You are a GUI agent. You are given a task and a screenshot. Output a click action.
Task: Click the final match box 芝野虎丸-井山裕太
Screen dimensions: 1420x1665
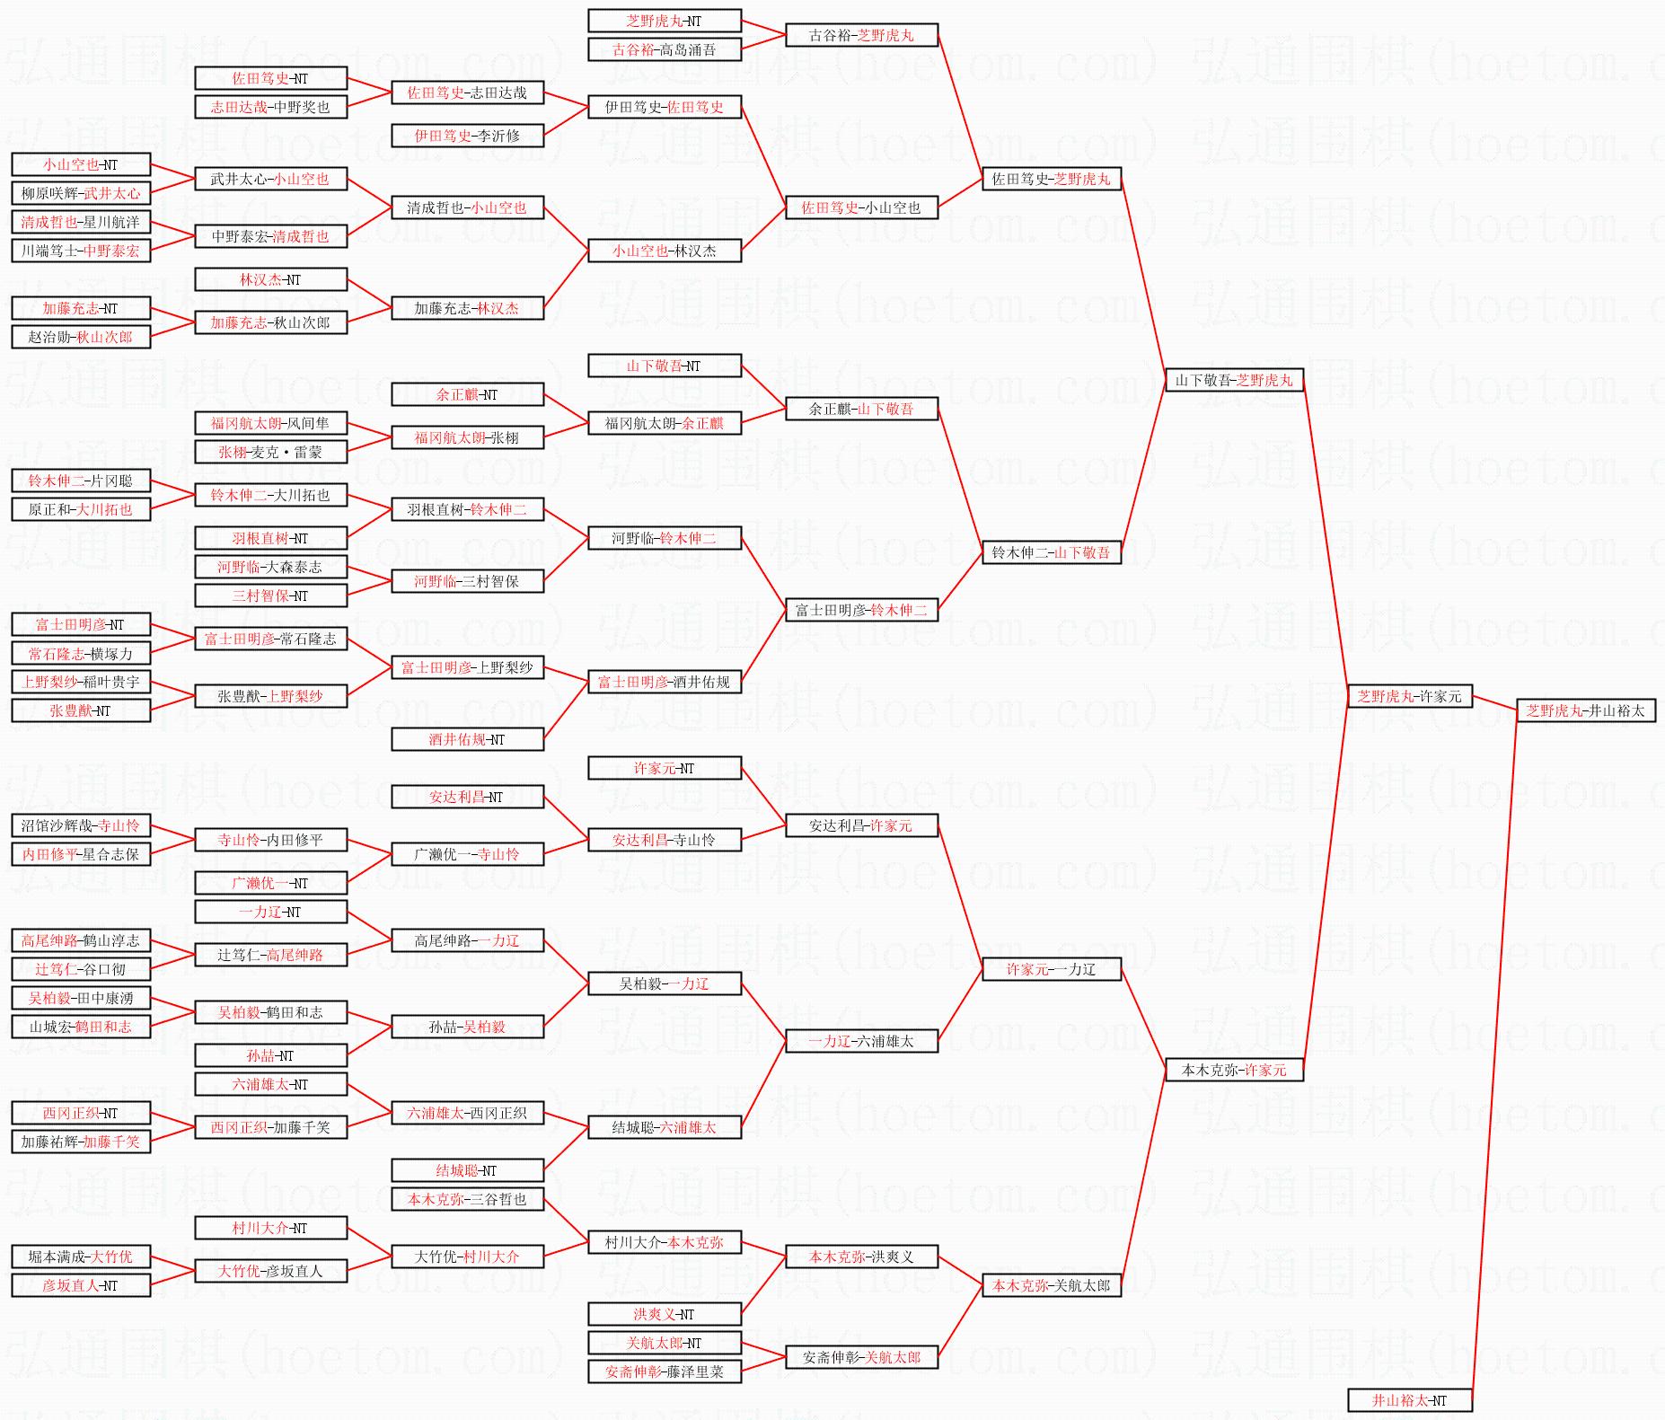point(1585,710)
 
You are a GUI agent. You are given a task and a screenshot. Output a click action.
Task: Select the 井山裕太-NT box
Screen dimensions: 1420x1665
point(1409,1400)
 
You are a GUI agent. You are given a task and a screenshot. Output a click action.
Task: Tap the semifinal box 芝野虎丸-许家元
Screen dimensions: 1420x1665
point(1409,696)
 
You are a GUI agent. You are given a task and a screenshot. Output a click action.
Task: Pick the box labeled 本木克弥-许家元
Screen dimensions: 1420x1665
point(1234,1070)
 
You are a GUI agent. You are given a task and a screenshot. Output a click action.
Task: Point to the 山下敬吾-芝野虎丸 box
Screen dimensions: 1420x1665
point(1234,380)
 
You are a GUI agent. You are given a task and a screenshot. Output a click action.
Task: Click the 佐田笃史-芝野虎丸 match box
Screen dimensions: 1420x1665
point(1051,179)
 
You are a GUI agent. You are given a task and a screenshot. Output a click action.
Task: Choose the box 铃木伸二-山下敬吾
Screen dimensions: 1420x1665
point(1051,552)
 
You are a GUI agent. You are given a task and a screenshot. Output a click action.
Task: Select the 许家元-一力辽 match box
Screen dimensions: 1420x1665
point(1051,969)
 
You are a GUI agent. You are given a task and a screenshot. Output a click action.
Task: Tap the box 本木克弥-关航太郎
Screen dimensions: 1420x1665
point(1051,1285)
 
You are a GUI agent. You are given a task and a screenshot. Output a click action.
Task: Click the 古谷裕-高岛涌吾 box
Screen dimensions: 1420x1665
point(665,49)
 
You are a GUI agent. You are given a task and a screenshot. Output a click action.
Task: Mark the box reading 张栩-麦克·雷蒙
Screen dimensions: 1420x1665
point(270,452)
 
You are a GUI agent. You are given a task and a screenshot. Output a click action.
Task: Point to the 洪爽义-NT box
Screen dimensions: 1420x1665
point(665,1314)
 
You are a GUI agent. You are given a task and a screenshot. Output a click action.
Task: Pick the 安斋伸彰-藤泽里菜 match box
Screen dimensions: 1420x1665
point(665,1371)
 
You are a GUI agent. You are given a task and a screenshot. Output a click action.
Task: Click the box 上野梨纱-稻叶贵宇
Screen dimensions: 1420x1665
point(81,682)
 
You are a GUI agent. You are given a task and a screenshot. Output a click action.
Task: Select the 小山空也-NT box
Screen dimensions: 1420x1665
point(81,164)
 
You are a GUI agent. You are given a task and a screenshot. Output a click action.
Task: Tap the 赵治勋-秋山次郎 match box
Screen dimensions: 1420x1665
point(81,337)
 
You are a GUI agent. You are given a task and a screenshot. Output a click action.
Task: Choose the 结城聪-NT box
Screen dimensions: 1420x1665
point(467,1170)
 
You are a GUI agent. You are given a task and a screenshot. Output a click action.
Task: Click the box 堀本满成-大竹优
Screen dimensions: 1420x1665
point(81,1257)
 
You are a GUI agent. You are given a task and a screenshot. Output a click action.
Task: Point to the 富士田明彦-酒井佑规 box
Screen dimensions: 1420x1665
point(665,682)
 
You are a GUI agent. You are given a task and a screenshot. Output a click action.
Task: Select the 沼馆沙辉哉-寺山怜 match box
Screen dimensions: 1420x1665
point(81,825)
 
